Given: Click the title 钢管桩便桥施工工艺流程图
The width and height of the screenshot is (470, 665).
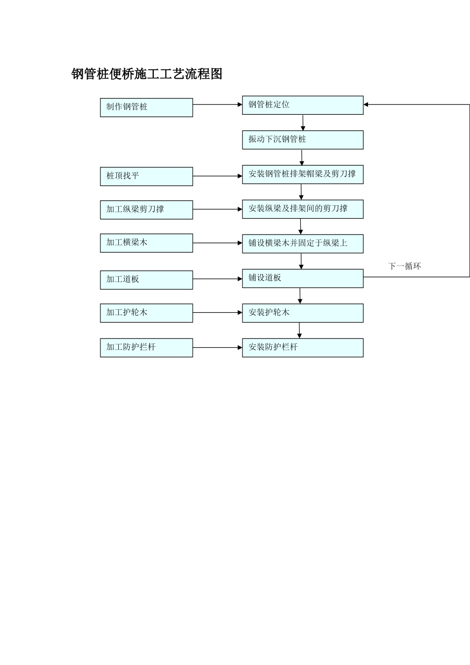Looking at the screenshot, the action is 147,74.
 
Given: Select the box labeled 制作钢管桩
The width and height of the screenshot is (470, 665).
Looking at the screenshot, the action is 146,107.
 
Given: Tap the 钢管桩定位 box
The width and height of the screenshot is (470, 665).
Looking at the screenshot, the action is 303,105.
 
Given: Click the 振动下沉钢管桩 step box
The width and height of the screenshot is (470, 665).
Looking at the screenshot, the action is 303,140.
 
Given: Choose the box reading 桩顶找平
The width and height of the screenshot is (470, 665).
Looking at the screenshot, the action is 146,176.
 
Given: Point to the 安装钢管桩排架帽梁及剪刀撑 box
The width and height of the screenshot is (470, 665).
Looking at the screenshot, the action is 303,175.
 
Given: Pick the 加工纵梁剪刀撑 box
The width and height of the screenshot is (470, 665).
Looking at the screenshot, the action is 146,210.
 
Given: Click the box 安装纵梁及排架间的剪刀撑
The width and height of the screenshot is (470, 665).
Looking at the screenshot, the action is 303,209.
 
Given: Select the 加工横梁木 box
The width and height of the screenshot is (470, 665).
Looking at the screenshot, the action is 146,243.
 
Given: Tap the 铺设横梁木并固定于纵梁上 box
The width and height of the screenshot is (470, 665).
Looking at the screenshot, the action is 303,244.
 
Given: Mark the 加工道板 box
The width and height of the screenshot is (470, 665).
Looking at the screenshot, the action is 146,280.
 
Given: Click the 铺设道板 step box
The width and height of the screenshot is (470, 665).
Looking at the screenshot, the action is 303,279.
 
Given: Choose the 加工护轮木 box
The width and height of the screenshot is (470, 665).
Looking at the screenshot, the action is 146,313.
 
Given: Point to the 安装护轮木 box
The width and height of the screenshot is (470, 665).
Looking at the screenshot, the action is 303,313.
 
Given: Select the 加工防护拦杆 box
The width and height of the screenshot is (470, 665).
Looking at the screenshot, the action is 146,348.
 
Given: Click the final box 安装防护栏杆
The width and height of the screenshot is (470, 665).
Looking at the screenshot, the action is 303,348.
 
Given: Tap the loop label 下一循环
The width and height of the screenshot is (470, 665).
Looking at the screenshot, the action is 405,266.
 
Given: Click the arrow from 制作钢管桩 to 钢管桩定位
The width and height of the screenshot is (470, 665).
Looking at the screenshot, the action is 218,104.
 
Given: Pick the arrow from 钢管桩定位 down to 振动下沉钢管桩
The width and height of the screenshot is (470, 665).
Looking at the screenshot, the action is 303,123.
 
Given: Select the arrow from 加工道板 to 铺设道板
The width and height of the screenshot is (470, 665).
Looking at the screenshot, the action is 218,279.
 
